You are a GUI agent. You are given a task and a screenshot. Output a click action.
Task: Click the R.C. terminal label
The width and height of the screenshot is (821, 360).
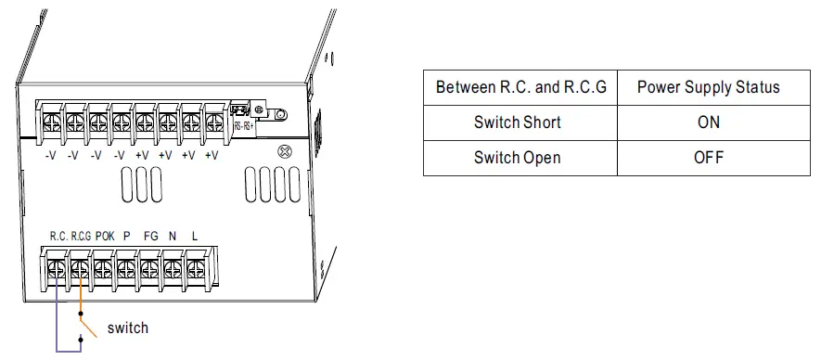click(58, 237)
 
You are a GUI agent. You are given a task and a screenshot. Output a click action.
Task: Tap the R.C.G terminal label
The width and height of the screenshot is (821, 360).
click(81, 237)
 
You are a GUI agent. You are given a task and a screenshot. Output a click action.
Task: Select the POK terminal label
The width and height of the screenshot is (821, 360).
click(104, 237)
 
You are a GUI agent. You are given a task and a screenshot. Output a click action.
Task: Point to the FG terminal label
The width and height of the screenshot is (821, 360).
click(150, 237)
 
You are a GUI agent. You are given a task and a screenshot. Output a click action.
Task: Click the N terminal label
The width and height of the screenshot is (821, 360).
click(173, 237)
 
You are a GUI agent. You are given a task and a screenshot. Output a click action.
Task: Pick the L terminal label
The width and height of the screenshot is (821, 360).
click(195, 237)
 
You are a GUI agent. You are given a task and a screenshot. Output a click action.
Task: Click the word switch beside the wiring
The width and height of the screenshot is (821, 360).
click(127, 328)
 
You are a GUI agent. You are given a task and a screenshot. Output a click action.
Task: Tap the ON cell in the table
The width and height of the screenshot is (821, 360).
click(708, 122)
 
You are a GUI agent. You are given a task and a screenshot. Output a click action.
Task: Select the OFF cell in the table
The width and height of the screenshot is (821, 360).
click(708, 157)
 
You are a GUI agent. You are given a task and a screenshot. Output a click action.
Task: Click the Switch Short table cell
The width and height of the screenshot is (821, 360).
click(518, 122)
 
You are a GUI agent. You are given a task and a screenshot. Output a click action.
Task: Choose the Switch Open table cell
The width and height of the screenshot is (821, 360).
click(518, 157)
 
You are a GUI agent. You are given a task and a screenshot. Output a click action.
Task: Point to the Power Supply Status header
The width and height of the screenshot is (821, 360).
click(708, 87)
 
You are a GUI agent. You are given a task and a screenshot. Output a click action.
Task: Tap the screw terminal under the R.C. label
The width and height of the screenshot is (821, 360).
click(57, 268)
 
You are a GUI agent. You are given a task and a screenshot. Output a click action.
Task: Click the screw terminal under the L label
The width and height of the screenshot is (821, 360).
click(195, 268)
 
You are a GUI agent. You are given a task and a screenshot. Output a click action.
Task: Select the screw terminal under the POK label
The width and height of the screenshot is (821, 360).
click(103, 268)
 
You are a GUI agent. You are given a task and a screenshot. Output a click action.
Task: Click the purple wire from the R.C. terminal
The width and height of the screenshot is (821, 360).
click(57, 315)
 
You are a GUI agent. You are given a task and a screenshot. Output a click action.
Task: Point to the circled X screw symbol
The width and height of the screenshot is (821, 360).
click(285, 151)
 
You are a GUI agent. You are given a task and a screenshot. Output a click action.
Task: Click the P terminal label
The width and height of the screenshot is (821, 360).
click(127, 237)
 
